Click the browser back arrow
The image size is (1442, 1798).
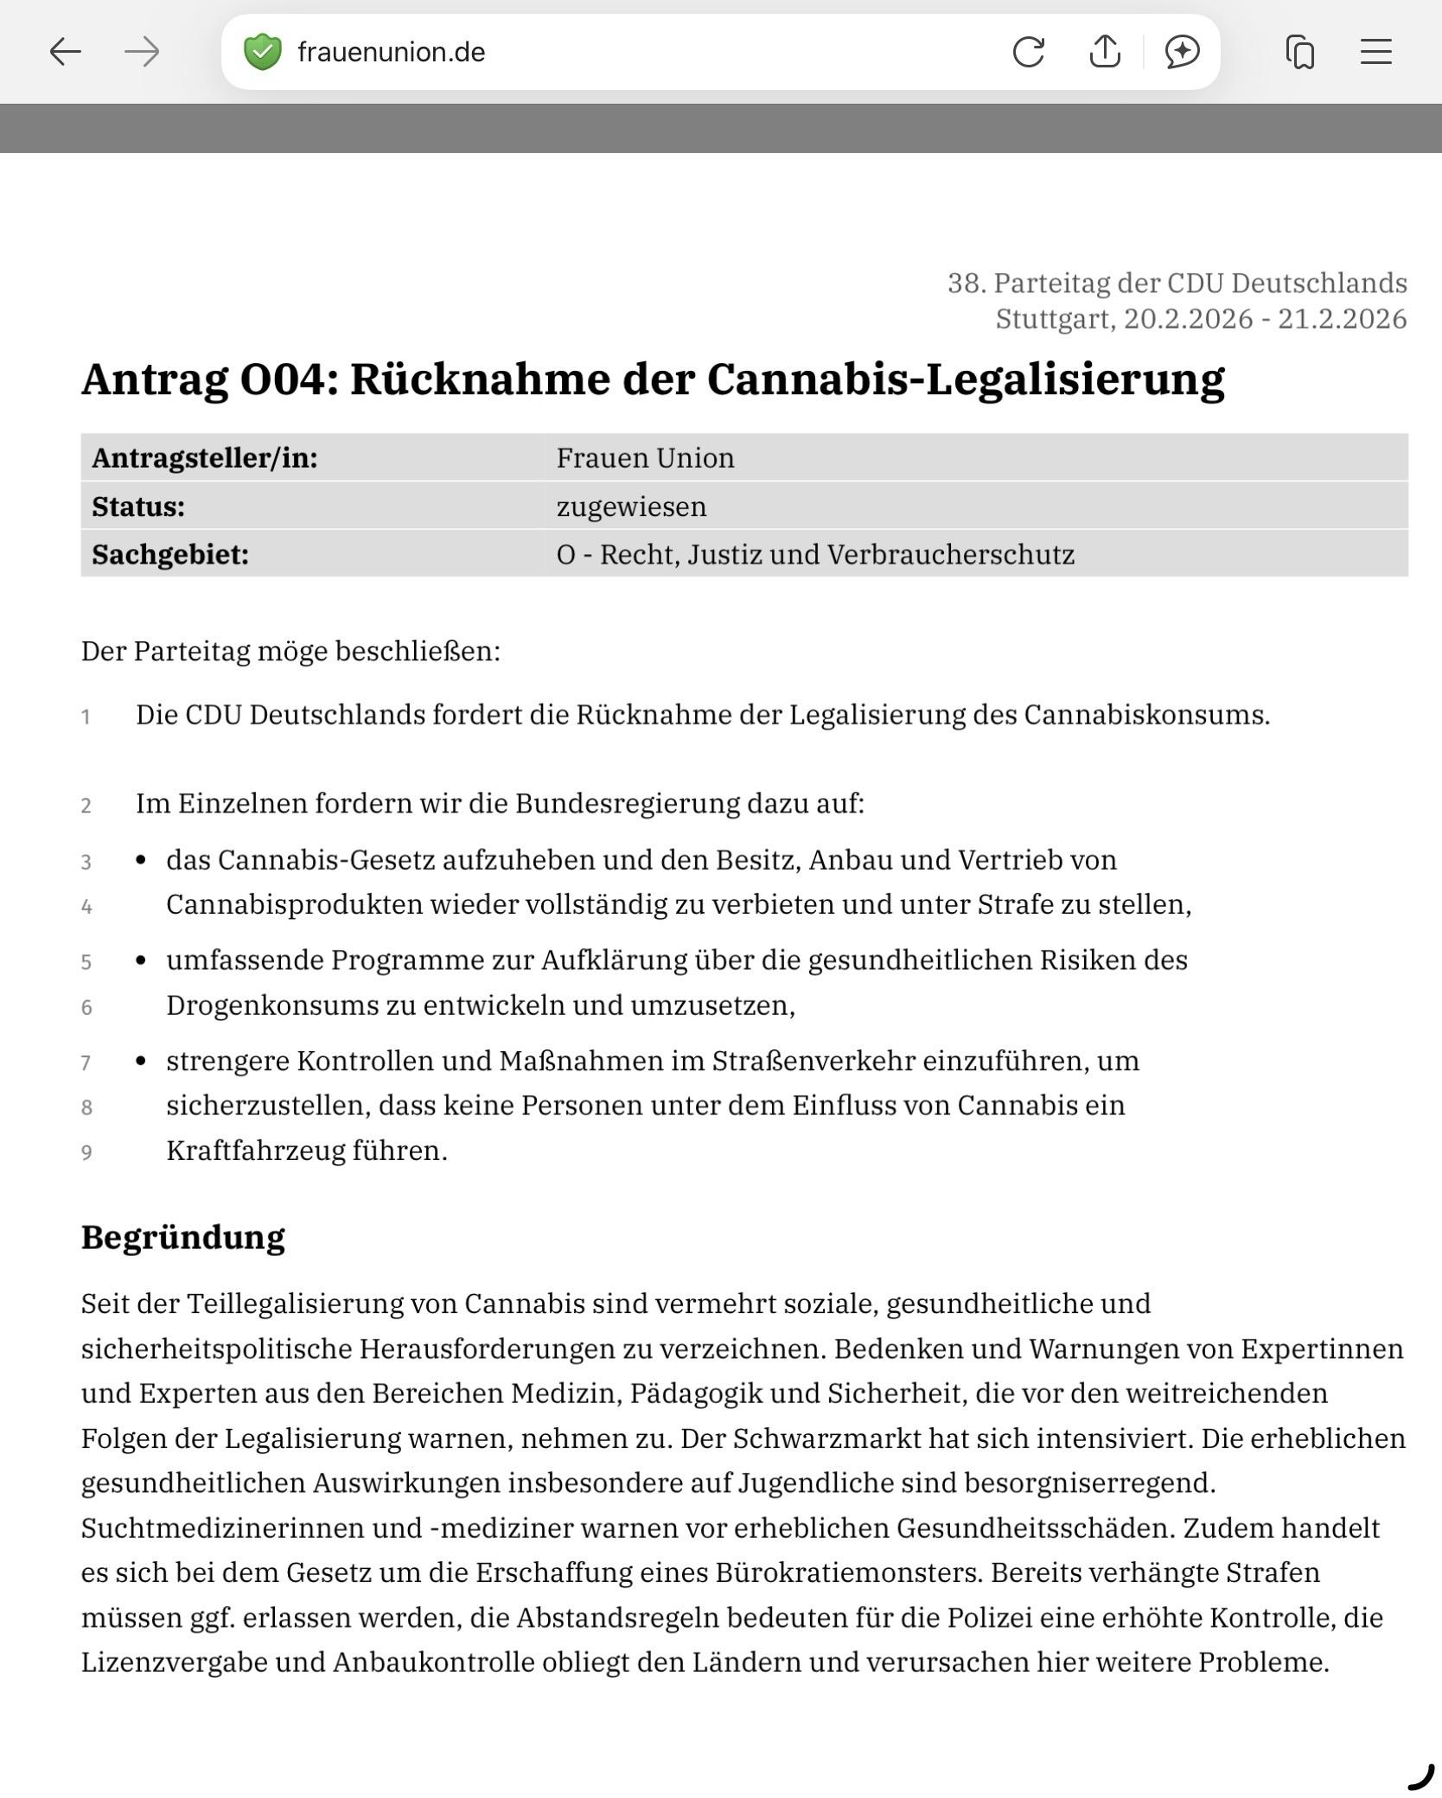pyautogui.click(x=65, y=52)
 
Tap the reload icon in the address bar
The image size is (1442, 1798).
pyautogui.click(x=1028, y=52)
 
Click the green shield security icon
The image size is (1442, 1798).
pyautogui.click(x=263, y=52)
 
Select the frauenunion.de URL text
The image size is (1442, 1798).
pyautogui.click(x=391, y=53)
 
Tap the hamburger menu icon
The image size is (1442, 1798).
pyautogui.click(x=1375, y=52)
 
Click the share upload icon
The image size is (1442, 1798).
pyautogui.click(x=1105, y=52)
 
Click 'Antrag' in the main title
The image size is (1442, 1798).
pyautogui.click(x=154, y=379)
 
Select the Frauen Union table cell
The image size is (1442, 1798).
pyautogui.click(x=645, y=458)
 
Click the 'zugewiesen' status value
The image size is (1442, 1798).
pyautogui.click(x=631, y=507)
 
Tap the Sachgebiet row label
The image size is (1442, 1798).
pyautogui.click(x=170, y=555)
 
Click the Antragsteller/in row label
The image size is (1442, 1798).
pyautogui.click(x=205, y=458)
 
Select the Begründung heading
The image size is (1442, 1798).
pyautogui.click(x=182, y=1237)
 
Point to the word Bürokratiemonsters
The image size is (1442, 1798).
pyautogui.click(x=849, y=1572)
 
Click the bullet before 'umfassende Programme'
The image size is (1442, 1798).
pyautogui.click(x=141, y=960)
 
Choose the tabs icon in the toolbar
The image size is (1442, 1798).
pyautogui.click(x=1299, y=52)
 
